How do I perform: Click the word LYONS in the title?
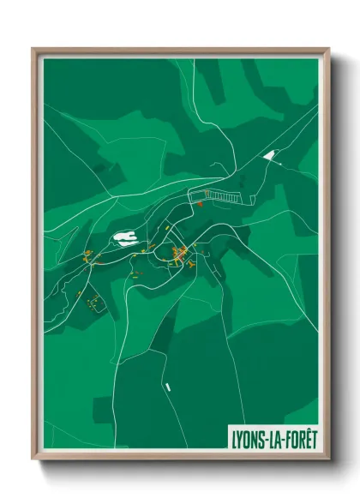pyautogui.click(x=249, y=438)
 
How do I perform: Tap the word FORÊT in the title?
pyautogui.click(x=300, y=438)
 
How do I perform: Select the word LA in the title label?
pyautogui.click(x=276, y=438)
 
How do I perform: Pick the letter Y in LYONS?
pyautogui.click(x=240, y=438)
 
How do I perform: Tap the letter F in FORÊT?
pyautogui.click(x=288, y=438)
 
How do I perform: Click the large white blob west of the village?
pyautogui.click(x=125, y=236)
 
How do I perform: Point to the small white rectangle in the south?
pyautogui.click(x=168, y=387)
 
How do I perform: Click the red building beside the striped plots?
pyautogui.click(x=199, y=204)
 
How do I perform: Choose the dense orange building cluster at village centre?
pyautogui.click(x=180, y=254)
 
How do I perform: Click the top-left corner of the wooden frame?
pyautogui.click(x=33, y=49)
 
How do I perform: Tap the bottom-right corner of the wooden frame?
pyautogui.click(x=327, y=459)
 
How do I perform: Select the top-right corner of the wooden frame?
pyautogui.click(x=327, y=49)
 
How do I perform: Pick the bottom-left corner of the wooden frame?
pyautogui.click(x=34, y=459)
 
